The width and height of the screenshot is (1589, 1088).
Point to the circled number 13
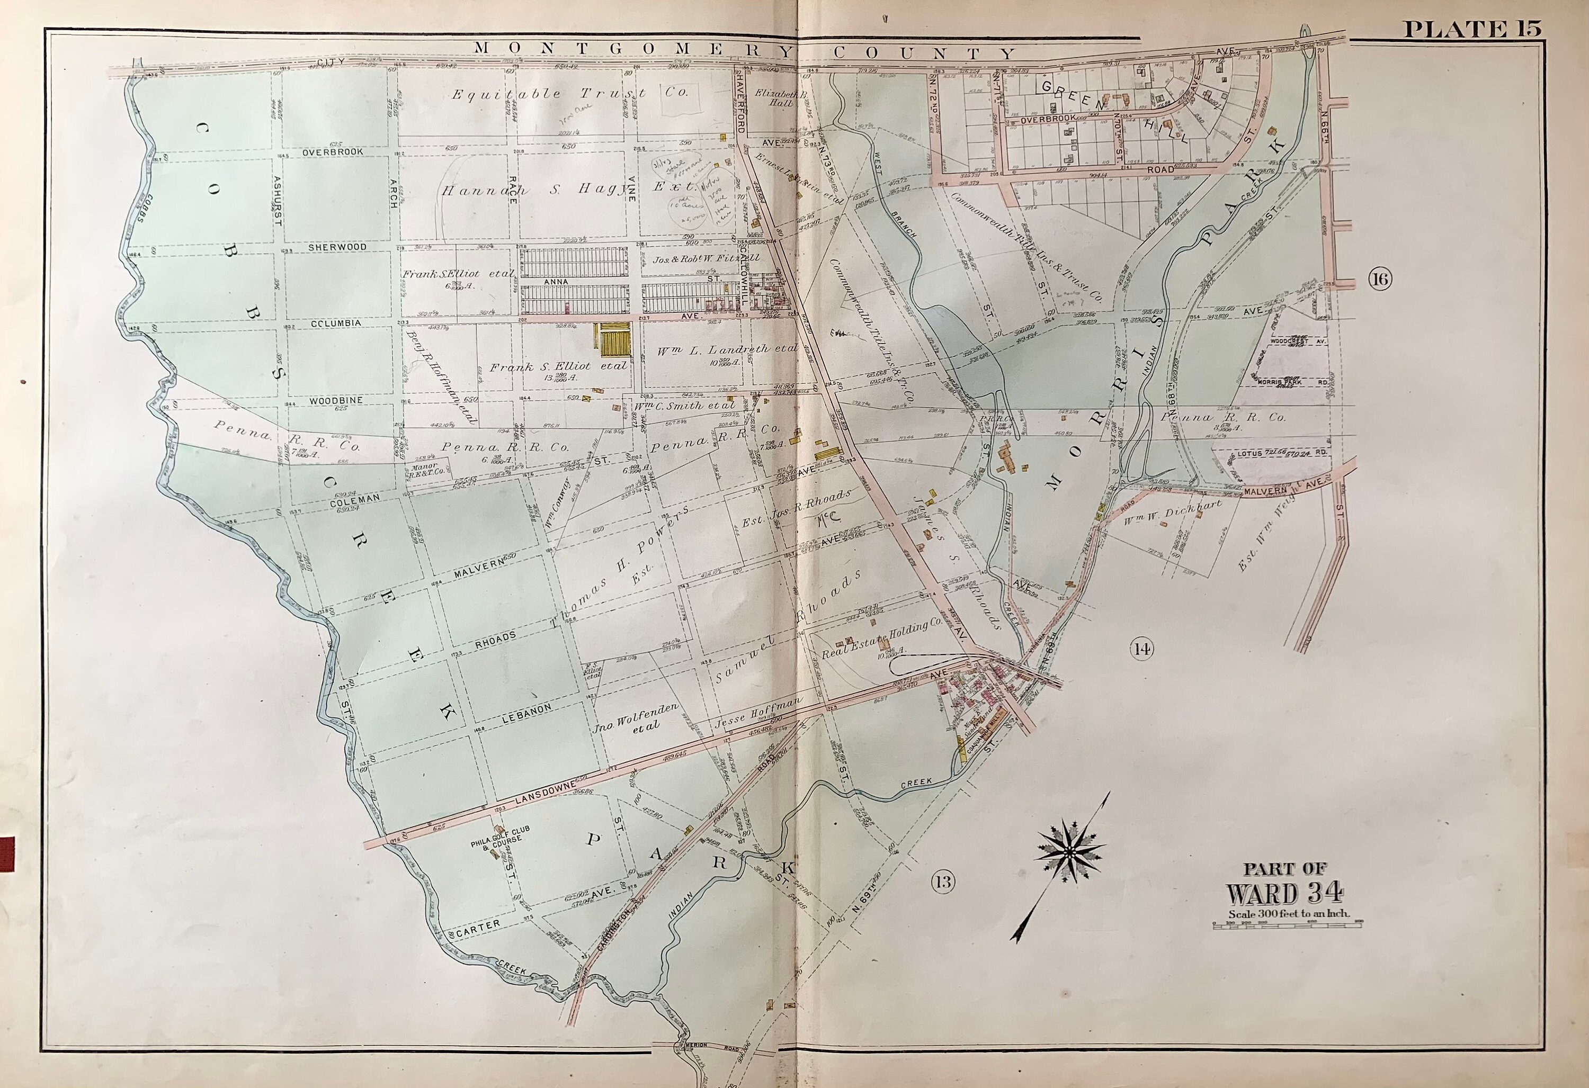click(943, 882)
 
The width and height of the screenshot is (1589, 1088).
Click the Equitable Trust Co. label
click(569, 94)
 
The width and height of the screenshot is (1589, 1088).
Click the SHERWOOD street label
click(337, 247)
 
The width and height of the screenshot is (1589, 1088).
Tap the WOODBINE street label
click(335, 400)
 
